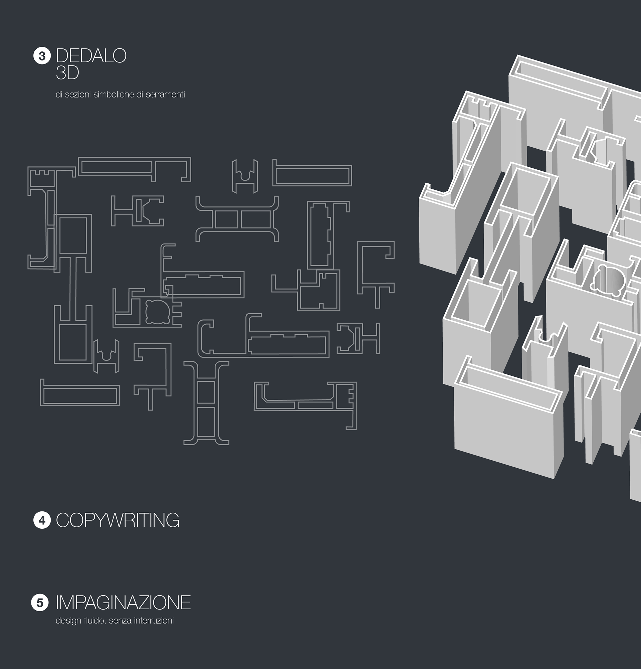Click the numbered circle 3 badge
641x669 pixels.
[42, 56]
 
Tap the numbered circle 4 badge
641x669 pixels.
[42, 520]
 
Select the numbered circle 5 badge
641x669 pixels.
[40, 603]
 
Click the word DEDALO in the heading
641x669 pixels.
[91, 56]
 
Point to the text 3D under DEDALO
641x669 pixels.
[67, 73]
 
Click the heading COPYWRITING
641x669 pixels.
[118, 520]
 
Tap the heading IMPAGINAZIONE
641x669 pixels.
[123, 603]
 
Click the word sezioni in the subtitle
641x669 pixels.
[78, 95]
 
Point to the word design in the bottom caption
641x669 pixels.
[66, 621]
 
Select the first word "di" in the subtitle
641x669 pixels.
[59, 95]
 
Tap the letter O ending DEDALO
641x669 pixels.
[120, 56]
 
